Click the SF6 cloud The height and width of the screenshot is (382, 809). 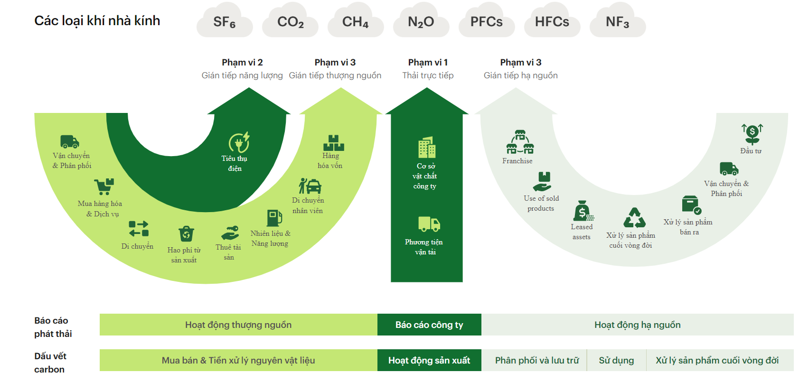point(225,21)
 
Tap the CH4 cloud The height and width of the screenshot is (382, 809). point(356,21)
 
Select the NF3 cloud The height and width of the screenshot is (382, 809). point(618,21)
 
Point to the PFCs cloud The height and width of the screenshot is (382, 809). point(487,21)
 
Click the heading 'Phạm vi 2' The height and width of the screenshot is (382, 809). point(242,63)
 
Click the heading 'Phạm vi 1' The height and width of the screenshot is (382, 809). point(428,63)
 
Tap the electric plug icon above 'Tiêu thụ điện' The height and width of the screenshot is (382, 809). point(239,142)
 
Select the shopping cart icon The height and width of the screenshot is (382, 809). point(104,186)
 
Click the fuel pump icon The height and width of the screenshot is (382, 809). point(274,218)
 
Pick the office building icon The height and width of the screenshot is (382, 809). point(427,147)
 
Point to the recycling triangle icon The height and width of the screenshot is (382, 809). point(634,218)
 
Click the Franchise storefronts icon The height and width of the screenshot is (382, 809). point(520,142)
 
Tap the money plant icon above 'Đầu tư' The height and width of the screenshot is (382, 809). point(753,134)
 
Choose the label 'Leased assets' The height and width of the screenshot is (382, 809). point(582,232)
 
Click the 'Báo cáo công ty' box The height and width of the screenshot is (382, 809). point(429,325)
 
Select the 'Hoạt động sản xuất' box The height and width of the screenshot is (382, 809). point(429,360)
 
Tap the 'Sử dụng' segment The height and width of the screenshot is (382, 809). point(617,360)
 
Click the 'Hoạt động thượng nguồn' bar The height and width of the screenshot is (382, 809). point(238,325)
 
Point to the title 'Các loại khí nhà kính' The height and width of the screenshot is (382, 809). point(97,21)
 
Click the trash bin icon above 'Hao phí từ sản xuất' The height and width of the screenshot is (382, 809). point(187,234)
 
